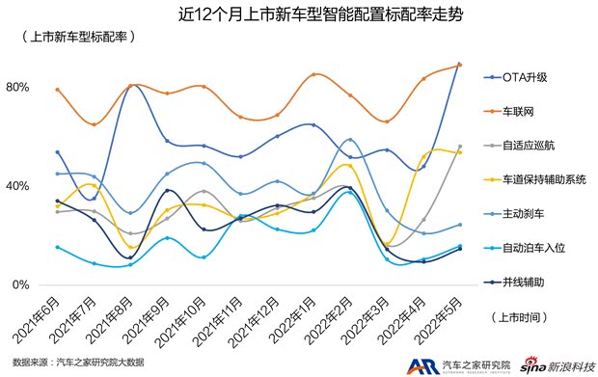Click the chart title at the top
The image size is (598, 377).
coord(299,13)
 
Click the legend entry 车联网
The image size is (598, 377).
coord(520,111)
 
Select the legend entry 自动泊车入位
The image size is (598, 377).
coord(531,248)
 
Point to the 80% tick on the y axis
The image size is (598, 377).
coord(19,88)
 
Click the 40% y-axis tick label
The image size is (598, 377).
coord(19,186)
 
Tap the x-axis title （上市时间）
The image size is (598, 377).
coord(521,316)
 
